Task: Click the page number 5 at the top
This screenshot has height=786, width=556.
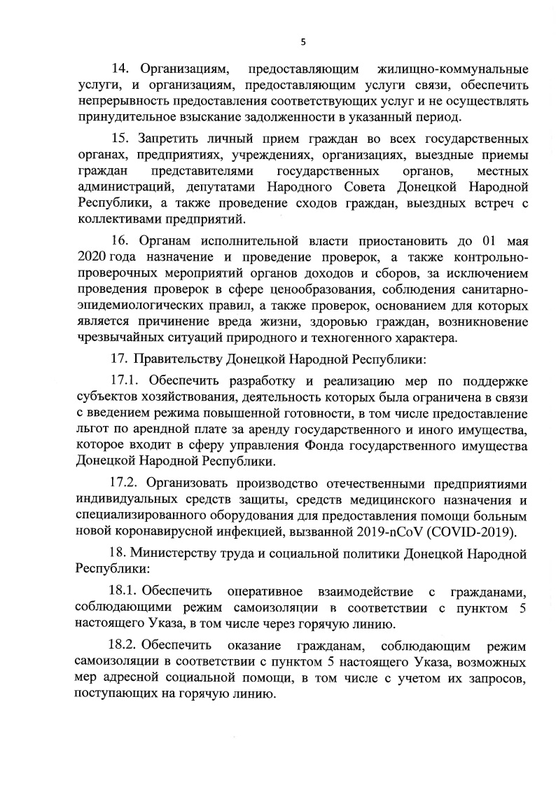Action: click(x=303, y=41)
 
